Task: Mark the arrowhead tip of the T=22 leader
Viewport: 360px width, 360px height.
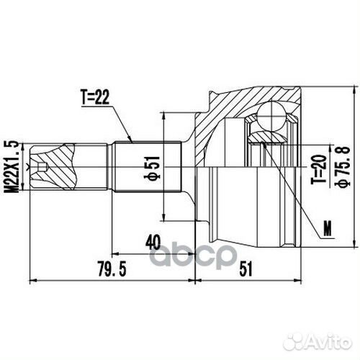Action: coord(132,140)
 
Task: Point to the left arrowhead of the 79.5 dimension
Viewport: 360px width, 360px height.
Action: coord(30,278)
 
